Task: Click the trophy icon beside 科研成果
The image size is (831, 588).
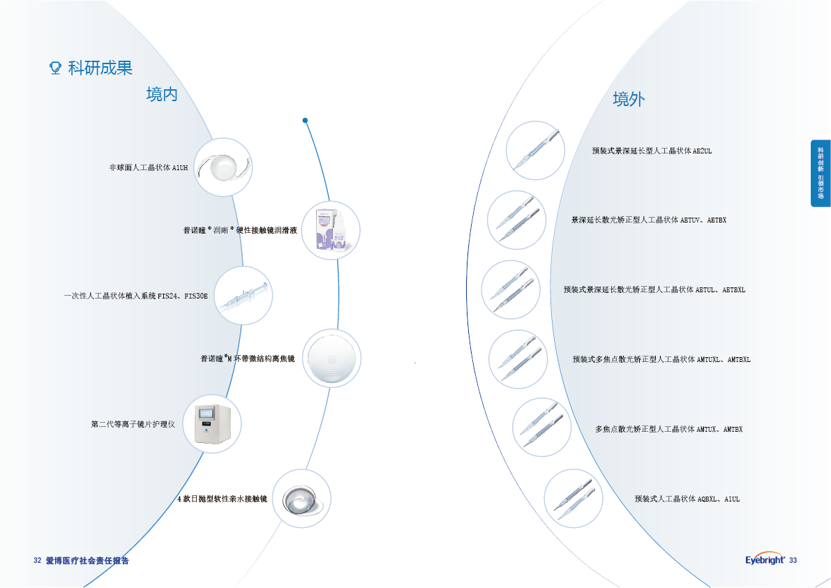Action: pos(56,68)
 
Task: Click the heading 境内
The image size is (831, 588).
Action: pos(162,95)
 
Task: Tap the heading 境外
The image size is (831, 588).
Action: pos(628,99)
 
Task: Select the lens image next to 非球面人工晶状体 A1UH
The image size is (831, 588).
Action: pos(223,167)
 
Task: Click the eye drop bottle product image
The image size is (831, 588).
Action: pos(331,230)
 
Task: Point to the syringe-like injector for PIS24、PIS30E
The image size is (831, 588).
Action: pos(242,296)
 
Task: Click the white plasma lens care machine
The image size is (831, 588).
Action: pos(212,424)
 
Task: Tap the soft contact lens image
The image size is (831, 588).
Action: pos(301,498)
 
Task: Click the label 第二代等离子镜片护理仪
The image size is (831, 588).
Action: pos(133,424)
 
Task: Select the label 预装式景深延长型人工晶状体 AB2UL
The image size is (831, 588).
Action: pos(652,151)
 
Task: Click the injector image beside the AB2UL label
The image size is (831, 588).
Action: pos(535,150)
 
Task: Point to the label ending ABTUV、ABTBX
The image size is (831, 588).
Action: pos(649,220)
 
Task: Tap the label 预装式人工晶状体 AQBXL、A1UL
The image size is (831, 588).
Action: pos(687,499)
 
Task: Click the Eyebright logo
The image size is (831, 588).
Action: pos(765,560)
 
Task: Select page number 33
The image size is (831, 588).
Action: pos(793,561)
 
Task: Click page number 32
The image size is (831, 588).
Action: pos(38,561)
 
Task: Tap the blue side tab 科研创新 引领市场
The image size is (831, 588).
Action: pos(821,174)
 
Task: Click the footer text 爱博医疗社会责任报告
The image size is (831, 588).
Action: pos(87,561)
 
